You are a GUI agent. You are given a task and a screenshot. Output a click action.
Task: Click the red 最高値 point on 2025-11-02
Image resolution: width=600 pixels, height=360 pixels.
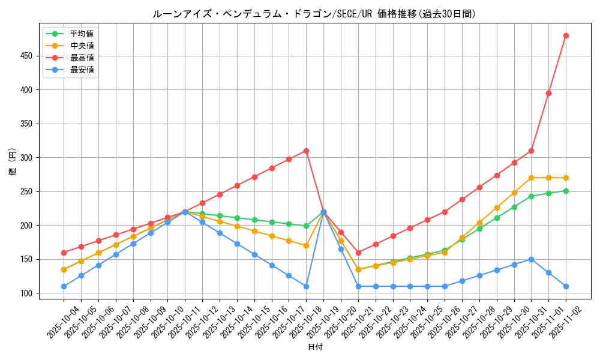pyautogui.click(x=566, y=35)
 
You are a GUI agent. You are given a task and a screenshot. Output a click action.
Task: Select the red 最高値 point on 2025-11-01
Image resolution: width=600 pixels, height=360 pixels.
pyautogui.click(x=548, y=93)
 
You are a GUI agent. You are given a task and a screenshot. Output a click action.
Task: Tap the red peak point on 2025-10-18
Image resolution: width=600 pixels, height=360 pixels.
pyautogui.click(x=306, y=151)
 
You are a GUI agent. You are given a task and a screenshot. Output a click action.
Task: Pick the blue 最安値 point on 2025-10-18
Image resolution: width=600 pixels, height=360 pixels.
pyautogui.click(x=306, y=286)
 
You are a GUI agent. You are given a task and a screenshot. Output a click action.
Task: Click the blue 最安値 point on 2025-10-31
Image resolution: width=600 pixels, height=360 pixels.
pyautogui.click(x=531, y=259)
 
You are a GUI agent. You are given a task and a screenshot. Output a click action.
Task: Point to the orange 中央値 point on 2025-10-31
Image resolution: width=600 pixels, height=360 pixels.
pyautogui.click(x=531, y=178)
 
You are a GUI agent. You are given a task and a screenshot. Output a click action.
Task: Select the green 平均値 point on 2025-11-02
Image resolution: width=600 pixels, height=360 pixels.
pyautogui.click(x=566, y=191)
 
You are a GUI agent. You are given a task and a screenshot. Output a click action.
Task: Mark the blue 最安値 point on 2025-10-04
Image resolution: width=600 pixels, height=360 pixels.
pyautogui.click(x=64, y=286)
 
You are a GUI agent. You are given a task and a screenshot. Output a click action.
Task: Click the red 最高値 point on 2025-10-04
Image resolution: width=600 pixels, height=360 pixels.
pyautogui.click(x=64, y=253)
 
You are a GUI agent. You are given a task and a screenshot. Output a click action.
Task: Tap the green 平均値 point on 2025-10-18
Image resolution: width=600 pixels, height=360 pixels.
pyautogui.click(x=306, y=226)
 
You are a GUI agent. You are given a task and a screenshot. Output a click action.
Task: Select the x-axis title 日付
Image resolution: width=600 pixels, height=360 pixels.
pyautogui.click(x=315, y=347)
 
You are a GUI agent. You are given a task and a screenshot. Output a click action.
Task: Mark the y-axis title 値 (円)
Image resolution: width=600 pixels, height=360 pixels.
pyautogui.click(x=13, y=162)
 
